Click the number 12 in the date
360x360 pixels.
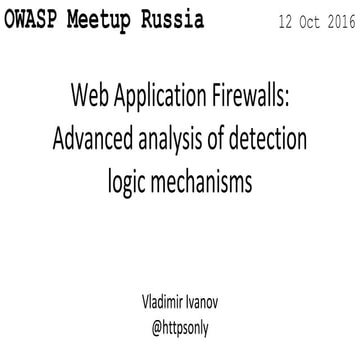(262, 22)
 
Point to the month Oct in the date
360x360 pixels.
(294, 22)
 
